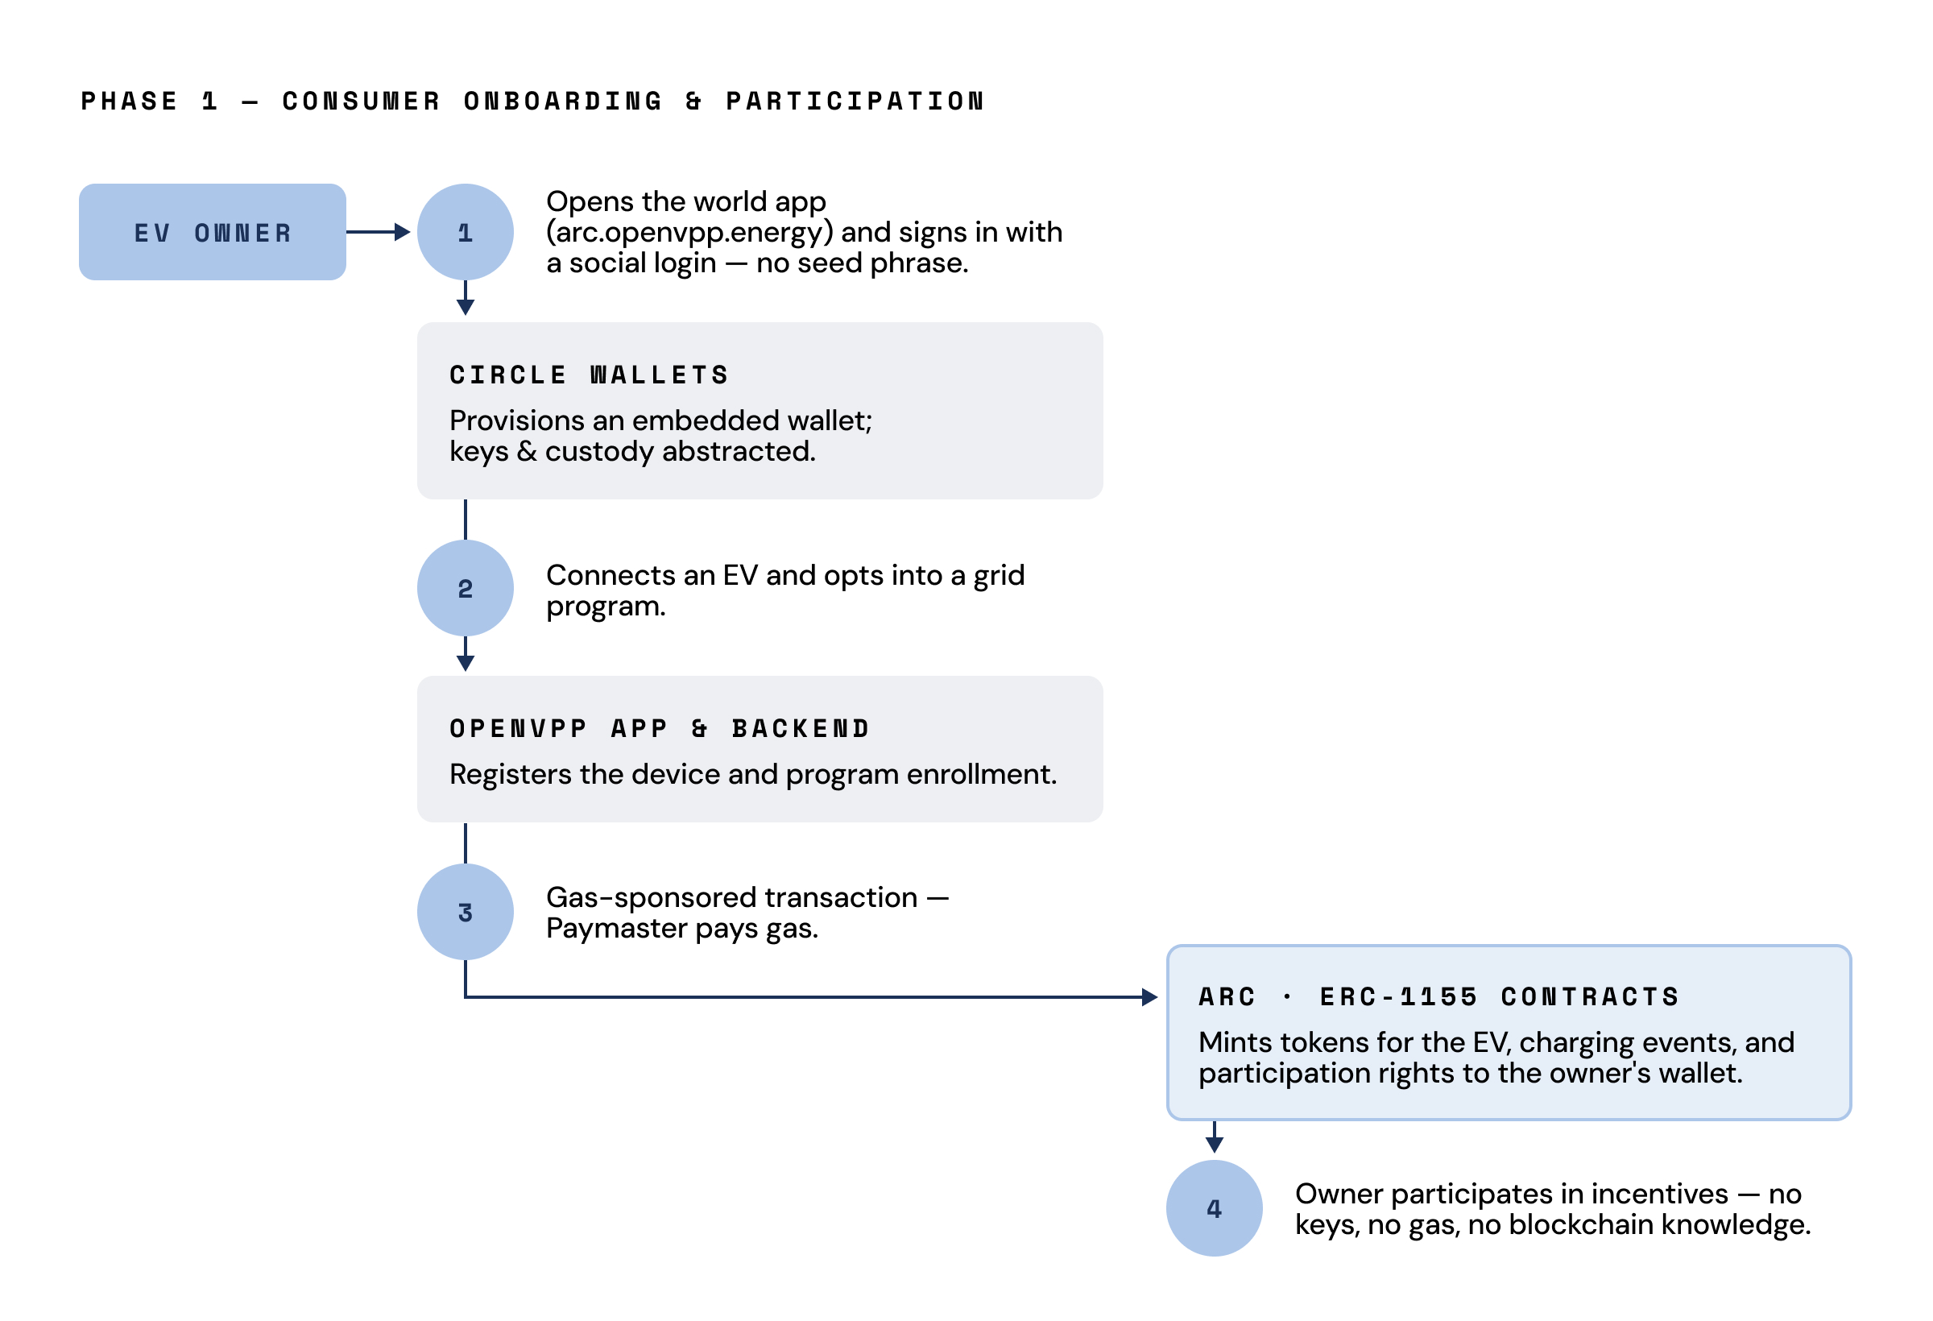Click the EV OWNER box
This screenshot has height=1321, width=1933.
click(212, 232)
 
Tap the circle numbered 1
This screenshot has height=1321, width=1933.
click(465, 232)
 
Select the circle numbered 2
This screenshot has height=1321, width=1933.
click(465, 588)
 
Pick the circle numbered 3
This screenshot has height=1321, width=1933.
click(465, 912)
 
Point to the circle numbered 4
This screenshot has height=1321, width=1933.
click(1214, 1208)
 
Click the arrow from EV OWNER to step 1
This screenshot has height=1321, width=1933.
click(379, 232)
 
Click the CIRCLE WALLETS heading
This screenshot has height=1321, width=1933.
click(589, 375)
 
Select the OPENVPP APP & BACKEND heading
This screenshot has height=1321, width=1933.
click(660, 729)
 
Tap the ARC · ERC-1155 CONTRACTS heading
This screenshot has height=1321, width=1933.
click(1439, 996)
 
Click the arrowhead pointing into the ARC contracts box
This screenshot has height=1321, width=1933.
click(1150, 996)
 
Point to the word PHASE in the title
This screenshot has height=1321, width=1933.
click(129, 101)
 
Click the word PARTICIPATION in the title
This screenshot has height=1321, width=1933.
click(855, 101)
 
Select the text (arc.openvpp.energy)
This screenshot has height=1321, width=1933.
click(689, 232)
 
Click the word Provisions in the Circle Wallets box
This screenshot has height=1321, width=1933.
click(516, 421)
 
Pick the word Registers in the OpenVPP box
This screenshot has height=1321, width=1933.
click(511, 774)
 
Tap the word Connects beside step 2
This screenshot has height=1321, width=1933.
click(611, 575)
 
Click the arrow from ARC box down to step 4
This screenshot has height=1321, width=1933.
click(1214, 1137)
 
